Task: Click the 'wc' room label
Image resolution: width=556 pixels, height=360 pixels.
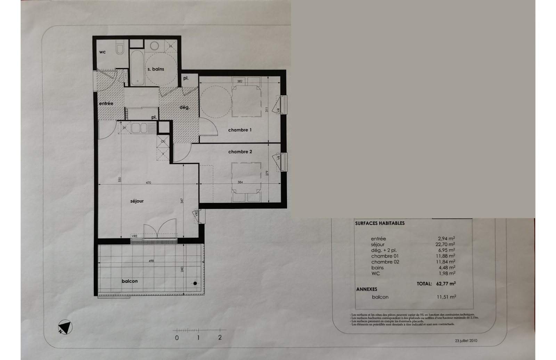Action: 103,52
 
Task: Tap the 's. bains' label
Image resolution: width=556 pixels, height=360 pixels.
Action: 156,69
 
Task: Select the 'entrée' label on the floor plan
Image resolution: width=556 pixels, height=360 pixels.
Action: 106,103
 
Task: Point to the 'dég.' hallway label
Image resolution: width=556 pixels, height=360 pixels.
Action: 185,107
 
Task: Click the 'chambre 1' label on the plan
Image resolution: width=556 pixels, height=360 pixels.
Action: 240,130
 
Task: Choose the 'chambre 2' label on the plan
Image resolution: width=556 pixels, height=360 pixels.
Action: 240,152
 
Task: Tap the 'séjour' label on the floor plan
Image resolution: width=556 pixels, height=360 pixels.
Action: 137,201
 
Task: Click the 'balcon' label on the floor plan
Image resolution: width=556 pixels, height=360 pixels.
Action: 130,281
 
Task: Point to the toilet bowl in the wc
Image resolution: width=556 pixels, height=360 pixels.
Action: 120,49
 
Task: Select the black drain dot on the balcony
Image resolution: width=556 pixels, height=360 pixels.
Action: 195,284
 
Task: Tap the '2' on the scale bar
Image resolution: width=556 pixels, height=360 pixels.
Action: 220,337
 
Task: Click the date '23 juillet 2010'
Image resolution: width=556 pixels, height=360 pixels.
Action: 466,341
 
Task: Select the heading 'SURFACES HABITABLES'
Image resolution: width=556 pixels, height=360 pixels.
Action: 380,223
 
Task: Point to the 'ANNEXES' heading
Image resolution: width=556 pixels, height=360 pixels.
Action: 367,289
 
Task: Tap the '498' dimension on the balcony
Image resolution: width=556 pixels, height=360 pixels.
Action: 151,261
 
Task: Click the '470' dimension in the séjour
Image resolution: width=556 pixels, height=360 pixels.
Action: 148,183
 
